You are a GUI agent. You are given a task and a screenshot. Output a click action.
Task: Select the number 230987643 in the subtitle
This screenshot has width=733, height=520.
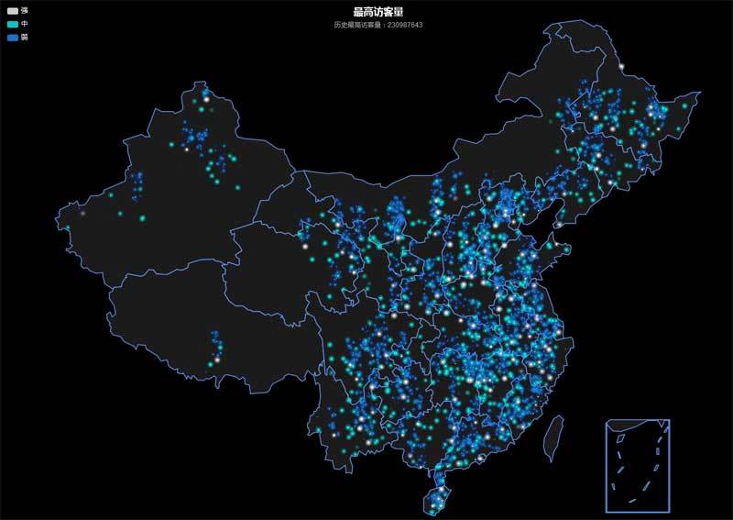pyautogui.click(x=405, y=25)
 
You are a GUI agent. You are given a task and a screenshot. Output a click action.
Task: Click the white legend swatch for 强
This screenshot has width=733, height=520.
pyautogui.click(x=12, y=9)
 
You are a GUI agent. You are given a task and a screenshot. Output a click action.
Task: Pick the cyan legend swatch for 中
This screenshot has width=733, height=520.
pyautogui.click(x=12, y=23)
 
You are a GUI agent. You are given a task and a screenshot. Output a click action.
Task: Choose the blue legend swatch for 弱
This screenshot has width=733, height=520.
pyautogui.click(x=12, y=38)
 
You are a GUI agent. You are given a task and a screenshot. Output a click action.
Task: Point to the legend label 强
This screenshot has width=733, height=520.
pyautogui.click(x=25, y=9)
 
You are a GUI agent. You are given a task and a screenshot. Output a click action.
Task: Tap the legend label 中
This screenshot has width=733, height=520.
pyautogui.click(x=25, y=23)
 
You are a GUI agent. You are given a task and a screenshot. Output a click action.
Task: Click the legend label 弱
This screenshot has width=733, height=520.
pyautogui.click(x=25, y=38)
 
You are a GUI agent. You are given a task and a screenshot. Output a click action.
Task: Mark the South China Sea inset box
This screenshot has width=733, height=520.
pyautogui.click(x=638, y=464)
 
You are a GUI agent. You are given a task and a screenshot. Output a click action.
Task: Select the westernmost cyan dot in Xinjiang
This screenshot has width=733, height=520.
pyautogui.click(x=67, y=227)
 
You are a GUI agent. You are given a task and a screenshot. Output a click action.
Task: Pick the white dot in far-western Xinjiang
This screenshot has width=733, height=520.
pyautogui.click(x=82, y=213)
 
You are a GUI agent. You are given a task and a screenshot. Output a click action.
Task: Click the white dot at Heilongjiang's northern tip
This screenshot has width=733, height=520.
pyautogui.click(x=620, y=67)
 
